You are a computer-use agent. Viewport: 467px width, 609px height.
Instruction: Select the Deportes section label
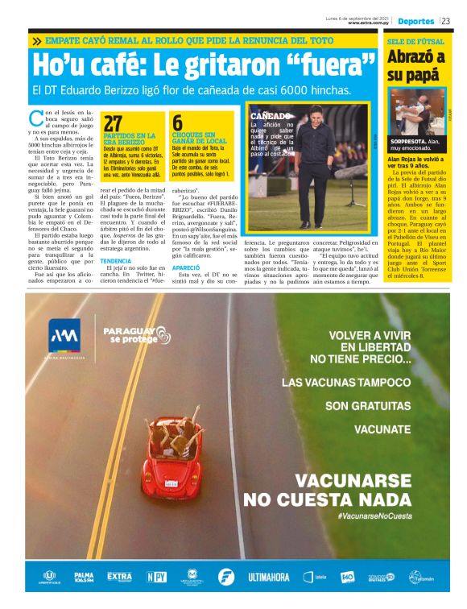pos(415,21)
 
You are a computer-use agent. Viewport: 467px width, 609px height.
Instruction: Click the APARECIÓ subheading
pos(185,267)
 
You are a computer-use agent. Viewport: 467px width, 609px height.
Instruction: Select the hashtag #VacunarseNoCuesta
pos(374,516)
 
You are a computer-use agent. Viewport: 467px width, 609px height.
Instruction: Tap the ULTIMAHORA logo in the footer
pos(268,577)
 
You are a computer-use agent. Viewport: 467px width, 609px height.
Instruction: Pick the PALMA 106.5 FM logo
pos(83,577)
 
